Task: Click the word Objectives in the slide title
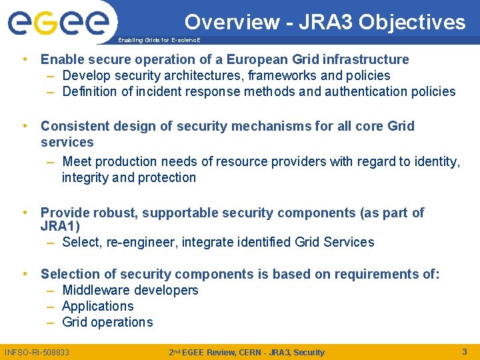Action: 411,22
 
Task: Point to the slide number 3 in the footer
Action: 465,351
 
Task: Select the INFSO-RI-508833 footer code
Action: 37,352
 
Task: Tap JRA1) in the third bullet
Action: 60,227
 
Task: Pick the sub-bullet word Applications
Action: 97,306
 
